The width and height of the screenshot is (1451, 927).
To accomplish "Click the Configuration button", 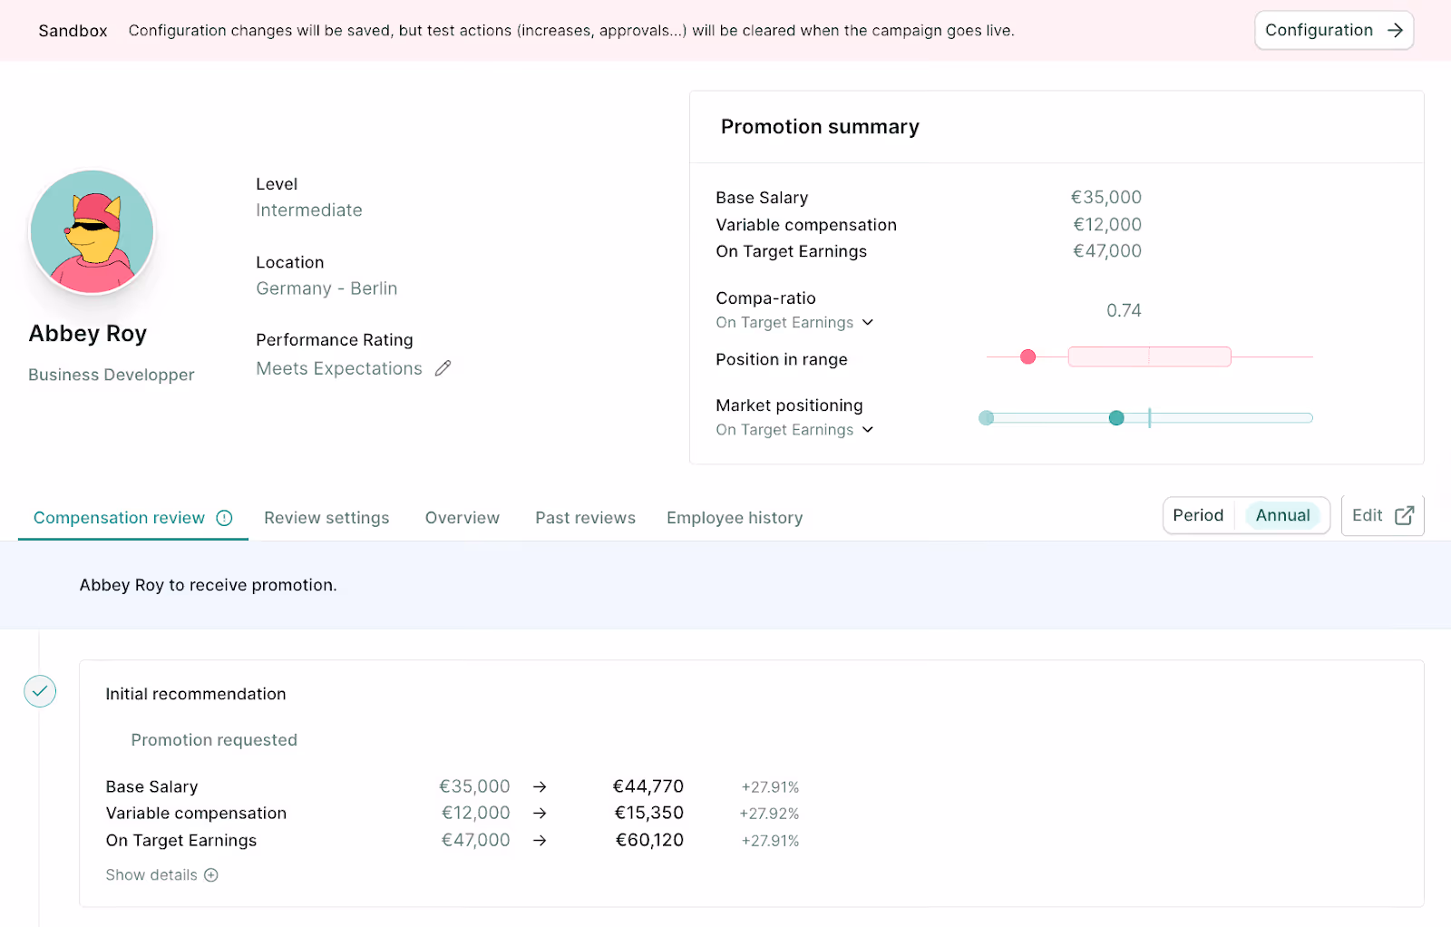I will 1333,31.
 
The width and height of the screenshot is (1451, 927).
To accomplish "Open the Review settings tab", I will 326,518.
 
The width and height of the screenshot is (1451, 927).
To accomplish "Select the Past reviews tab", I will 585,518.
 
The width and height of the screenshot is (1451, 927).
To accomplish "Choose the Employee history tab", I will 735,518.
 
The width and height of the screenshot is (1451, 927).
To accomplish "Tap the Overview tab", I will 462,518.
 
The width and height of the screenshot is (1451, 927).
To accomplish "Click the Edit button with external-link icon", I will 1382,515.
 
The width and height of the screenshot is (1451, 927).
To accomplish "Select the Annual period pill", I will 1282,515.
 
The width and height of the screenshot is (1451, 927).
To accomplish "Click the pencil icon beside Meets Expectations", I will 443,368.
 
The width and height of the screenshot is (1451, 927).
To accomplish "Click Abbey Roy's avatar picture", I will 92,232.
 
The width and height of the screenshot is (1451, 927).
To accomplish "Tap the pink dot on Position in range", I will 1027,357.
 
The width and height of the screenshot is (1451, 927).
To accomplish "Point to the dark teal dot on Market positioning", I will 1116,418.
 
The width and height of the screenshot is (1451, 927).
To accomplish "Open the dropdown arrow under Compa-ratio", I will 868,322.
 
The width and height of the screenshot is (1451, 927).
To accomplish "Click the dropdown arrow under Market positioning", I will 868,429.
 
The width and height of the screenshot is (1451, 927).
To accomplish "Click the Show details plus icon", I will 211,875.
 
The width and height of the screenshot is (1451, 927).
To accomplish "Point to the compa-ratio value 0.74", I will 1124,310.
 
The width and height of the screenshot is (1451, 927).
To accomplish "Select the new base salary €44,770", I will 648,786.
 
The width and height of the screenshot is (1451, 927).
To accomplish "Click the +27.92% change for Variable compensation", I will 769,814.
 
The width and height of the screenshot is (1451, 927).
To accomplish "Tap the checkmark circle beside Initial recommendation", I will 40,691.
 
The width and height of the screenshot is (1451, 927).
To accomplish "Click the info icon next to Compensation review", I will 224,518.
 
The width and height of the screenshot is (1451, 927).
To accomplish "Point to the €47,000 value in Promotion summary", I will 1106,251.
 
